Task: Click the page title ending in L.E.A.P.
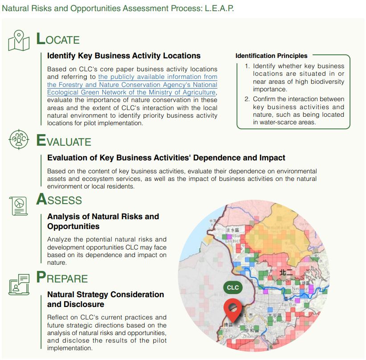point(118,8)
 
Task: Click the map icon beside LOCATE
point(19,40)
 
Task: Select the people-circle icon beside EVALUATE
point(19,140)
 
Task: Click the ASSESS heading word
point(59,200)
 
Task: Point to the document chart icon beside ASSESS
point(19,205)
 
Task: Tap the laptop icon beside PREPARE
point(19,284)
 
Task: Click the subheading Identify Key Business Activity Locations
point(124,56)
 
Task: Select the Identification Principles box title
point(271,56)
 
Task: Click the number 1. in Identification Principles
point(247,66)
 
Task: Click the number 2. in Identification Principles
point(247,99)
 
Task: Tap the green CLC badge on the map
point(233,287)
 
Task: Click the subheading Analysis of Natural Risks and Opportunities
point(103,221)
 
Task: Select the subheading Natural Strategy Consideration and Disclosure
point(106,299)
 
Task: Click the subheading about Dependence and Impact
point(166,158)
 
